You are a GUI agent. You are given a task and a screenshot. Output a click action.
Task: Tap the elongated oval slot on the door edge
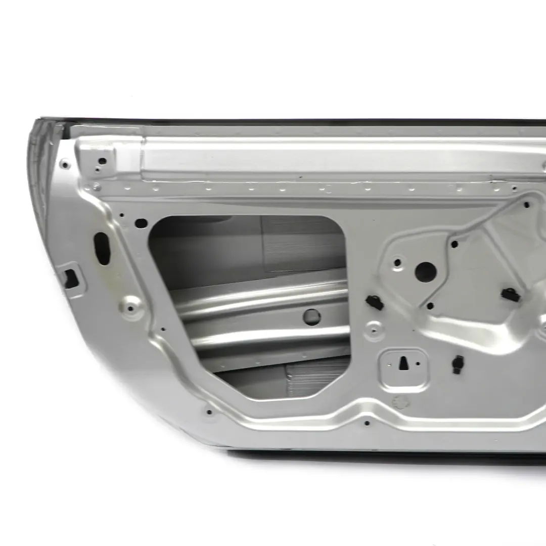click(x=102, y=248)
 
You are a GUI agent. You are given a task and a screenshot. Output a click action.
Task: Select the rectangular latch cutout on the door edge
click(x=70, y=278)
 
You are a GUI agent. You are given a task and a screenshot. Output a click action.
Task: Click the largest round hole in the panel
click(x=425, y=272)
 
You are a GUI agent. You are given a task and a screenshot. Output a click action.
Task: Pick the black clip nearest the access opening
click(x=375, y=302)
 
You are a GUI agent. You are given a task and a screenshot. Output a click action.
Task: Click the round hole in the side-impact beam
click(x=311, y=317)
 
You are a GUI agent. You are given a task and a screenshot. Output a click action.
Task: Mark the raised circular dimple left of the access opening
click(x=131, y=305)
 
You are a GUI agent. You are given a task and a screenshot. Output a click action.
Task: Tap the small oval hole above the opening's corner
click(x=141, y=223)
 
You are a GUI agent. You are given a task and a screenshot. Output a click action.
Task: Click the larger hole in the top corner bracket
click(x=102, y=161)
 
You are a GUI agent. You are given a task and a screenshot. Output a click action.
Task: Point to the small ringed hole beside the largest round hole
click(x=397, y=262)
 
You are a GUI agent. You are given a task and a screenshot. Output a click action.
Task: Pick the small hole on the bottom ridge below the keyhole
click(x=367, y=423)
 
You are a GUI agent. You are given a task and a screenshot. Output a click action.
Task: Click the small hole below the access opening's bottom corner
click(x=209, y=412)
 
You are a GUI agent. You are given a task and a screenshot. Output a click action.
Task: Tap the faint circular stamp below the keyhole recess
click(x=399, y=402)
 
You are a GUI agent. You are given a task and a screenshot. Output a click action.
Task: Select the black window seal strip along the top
click(x=303, y=122)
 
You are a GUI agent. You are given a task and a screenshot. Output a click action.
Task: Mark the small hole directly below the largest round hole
click(x=430, y=306)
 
